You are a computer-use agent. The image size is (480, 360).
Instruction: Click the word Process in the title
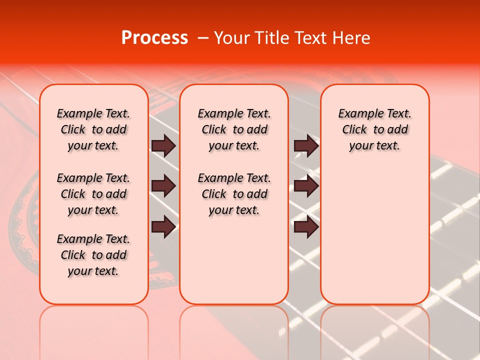point(154,38)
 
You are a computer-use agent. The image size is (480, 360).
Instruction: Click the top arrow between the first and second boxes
point(163,146)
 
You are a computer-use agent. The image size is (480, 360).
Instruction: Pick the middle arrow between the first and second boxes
point(163,186)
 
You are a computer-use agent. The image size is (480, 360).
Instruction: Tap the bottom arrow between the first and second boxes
point(163,227)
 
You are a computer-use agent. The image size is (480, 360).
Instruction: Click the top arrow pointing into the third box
point(306,146)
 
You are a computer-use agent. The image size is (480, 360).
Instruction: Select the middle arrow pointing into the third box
point(306,186)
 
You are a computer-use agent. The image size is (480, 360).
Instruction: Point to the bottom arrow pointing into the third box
point(306,227)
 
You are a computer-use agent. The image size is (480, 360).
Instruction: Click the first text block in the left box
point(93,129)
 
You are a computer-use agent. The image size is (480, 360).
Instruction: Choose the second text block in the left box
point(93,194)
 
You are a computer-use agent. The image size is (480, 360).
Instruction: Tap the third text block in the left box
point(93,255)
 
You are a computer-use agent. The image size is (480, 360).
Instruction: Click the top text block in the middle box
point(234,129)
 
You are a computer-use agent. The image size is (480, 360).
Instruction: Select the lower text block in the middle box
point(234,194)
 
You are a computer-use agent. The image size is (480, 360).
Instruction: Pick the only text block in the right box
point(374,129)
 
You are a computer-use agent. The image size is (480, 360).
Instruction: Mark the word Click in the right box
point(354,129)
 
